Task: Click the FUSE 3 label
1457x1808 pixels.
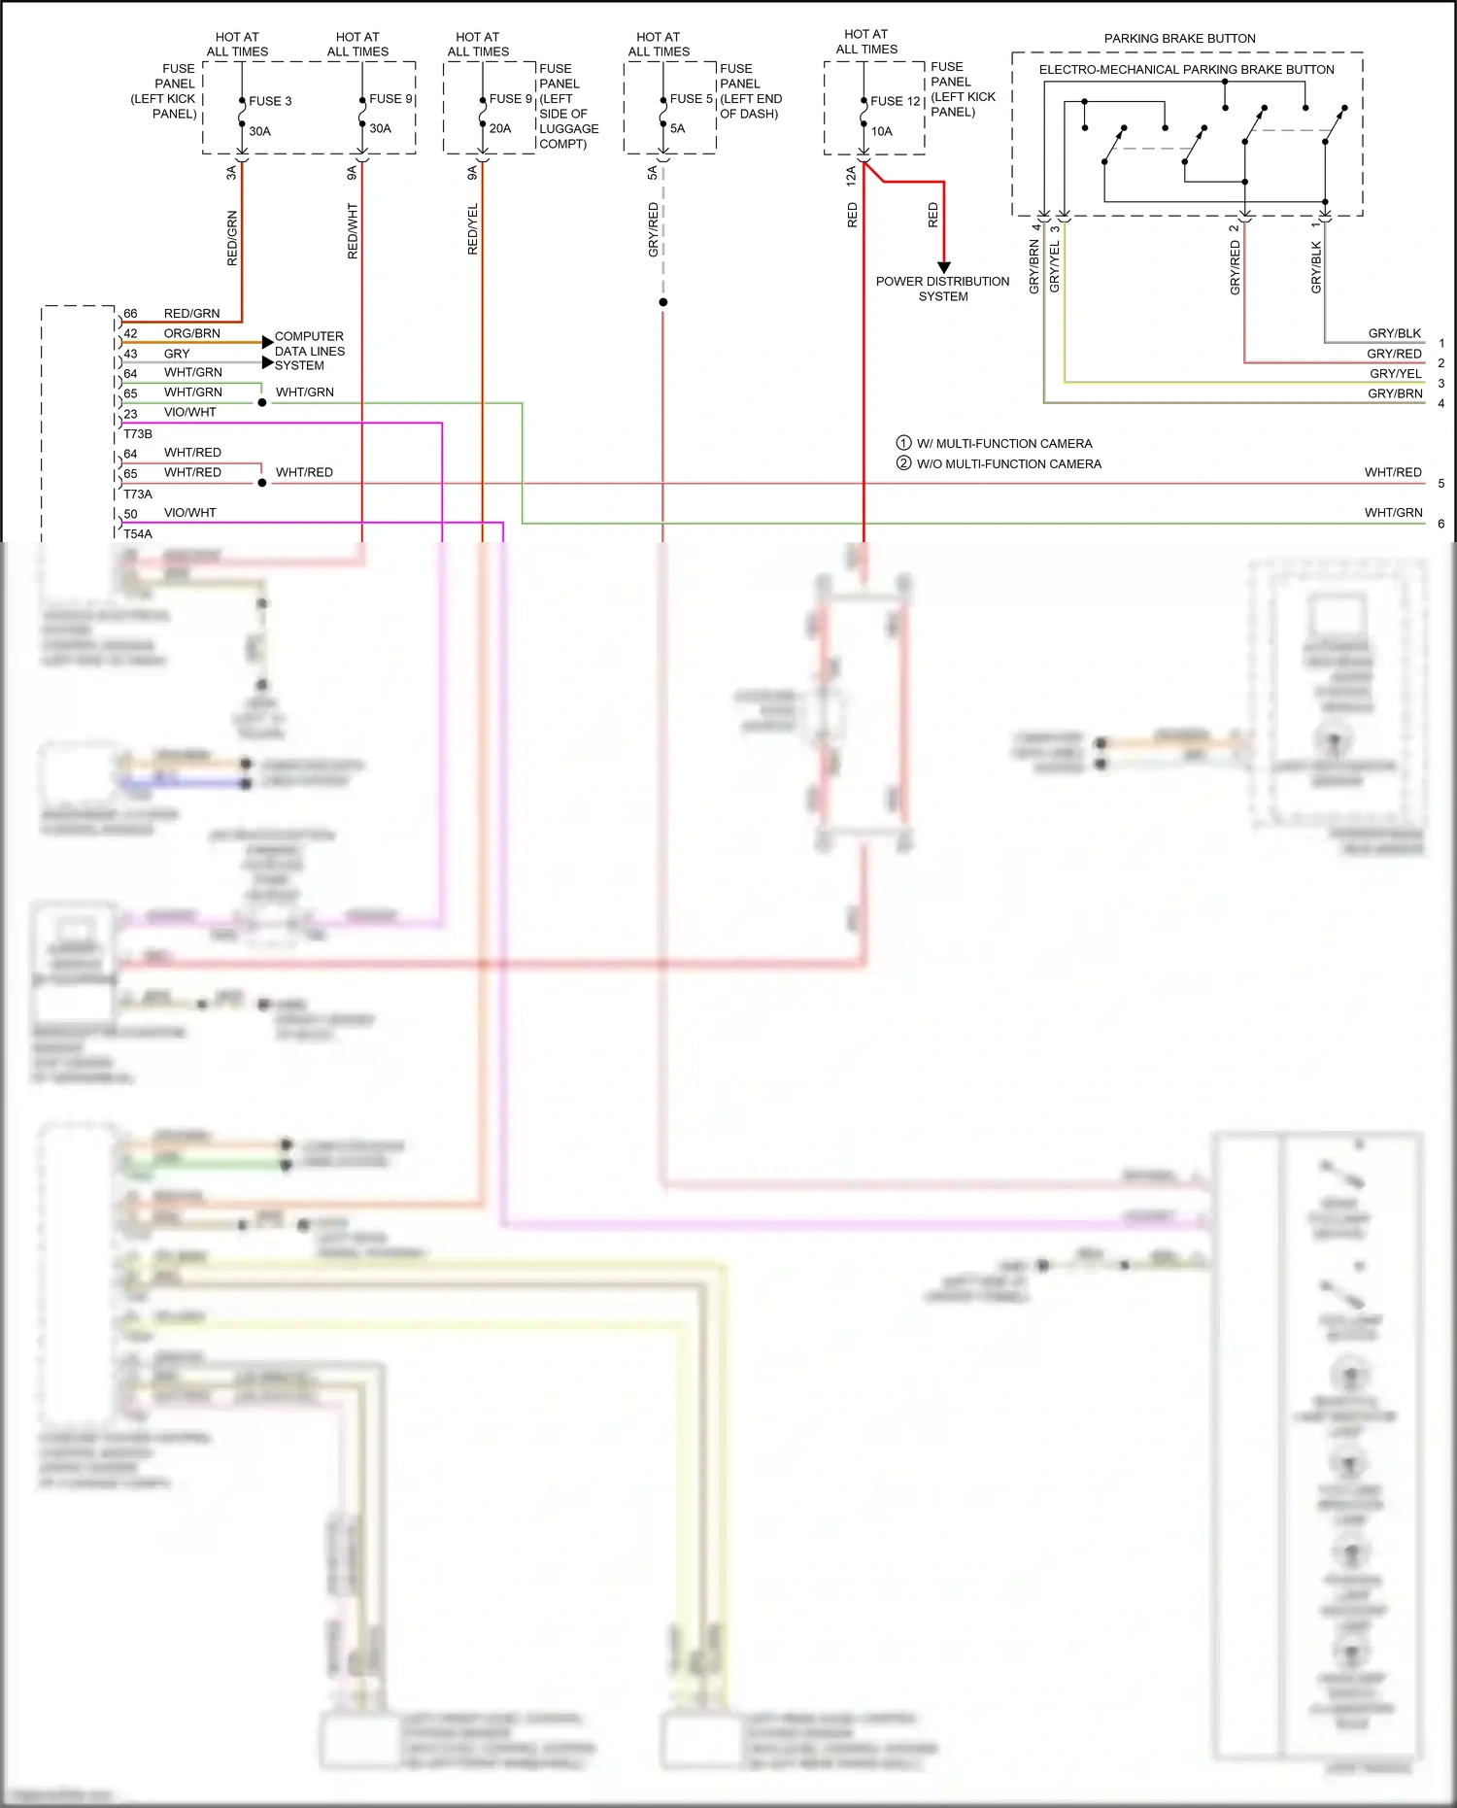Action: click(x=269, y=101)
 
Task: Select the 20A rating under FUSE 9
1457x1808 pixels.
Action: click(x=500, y=128)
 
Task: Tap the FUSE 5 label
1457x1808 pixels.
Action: click(x=691, y=99)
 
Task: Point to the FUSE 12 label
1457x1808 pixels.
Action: click(x=895, y=101)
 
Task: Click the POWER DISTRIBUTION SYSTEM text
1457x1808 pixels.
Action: click(x=942, y=289)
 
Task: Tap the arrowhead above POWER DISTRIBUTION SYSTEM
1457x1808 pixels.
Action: click(x=943, y=267)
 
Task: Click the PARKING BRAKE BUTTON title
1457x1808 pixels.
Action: click(x=1179, y=39)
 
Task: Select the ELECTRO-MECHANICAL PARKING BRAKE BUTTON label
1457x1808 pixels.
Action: click(x=1186, y=70)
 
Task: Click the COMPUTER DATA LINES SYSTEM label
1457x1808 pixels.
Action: click(x=309, y=351)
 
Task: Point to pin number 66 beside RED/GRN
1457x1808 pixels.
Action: click(x=130, y=314)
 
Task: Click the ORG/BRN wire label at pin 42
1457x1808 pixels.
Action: click(x=191, y=333)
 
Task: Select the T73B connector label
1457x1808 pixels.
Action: click(x=138, y=434)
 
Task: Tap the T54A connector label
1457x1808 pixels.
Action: click(x=138, y=534)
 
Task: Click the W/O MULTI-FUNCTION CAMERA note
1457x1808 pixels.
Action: click(x=1008, y=464)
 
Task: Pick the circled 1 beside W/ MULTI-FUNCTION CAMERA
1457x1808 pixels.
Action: click(x=903, y=443)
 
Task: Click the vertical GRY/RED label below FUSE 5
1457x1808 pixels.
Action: click(x=654, y=229)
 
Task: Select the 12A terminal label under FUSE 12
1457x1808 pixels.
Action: click(x=851, y=175)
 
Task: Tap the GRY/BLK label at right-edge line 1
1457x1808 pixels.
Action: click(x=1394, y=333)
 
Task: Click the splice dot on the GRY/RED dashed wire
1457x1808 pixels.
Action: click(x=663, y=302)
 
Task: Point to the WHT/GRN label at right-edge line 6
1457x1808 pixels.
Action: click(x=1393, y=513)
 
